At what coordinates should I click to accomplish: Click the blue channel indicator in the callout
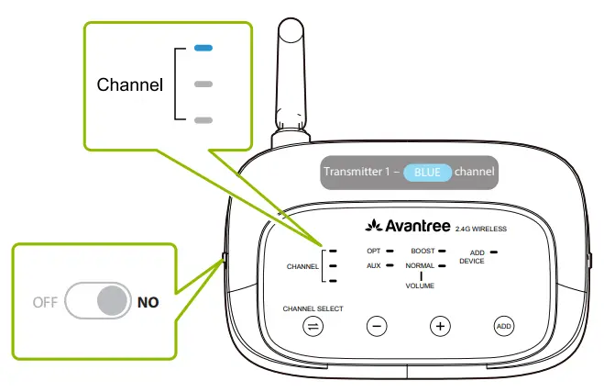click(x=203, y=48)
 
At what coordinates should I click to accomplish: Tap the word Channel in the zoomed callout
click(x=130, y=85)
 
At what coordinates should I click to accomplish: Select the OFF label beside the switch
click(x=46, y=301)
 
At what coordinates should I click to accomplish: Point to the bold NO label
click(x=148, y=301)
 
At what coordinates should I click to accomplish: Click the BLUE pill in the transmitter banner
click(x=427, y=172)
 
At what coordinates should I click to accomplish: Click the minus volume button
click(x=377, y=326)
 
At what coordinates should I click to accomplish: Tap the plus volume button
click(x=441, y=326)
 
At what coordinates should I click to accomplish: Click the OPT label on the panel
click(x=373, y=250)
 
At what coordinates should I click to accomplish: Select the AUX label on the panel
click(x=373, y=265)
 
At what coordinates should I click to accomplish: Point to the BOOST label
click(x=423, y=250)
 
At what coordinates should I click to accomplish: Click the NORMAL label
click(x=421, y=265)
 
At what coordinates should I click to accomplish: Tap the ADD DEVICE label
click(x=472, y=256)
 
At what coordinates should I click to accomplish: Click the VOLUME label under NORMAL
click(x=421, y=286)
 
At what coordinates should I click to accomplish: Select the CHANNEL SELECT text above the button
click(x=313, y=308)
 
